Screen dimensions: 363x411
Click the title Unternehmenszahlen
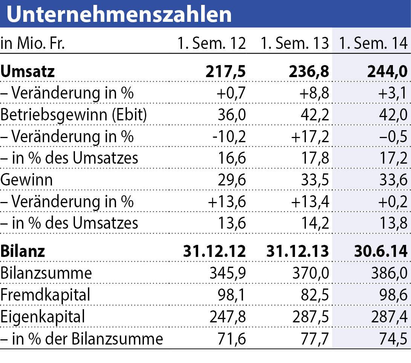point(119,14)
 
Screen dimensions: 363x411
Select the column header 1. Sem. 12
point(212,44)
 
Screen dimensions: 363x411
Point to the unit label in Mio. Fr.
point(33,44)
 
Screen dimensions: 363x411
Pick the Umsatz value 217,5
point(225,71)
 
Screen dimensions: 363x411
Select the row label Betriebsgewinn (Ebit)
point(74,115)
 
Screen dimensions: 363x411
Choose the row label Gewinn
point(27,180)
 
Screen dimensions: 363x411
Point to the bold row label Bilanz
point(23,251)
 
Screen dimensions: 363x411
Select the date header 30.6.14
point(380,251)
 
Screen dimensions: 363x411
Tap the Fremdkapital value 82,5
point(312,295)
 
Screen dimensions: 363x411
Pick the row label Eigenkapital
point(43,317)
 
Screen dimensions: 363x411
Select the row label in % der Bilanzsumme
point(82,339)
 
